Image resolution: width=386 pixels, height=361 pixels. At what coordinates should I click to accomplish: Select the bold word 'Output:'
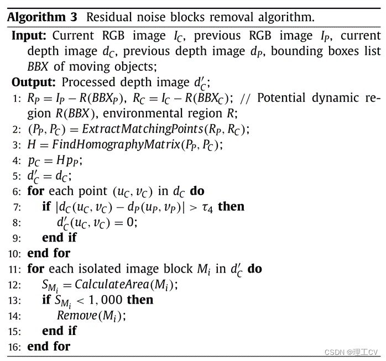click(34, 82)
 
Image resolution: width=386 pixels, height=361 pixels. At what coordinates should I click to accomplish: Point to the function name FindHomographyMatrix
click(109, 145)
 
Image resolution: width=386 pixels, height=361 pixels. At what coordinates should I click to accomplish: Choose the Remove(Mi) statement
click(91, 316)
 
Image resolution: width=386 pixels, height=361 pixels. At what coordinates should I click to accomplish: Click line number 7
click(17, 207)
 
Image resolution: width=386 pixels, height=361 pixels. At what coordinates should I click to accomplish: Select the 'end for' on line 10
click(49, 253)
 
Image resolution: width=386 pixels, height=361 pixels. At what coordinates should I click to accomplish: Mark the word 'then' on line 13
click(140, 300)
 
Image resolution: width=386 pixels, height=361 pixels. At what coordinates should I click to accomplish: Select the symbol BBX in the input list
click(39, 67)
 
